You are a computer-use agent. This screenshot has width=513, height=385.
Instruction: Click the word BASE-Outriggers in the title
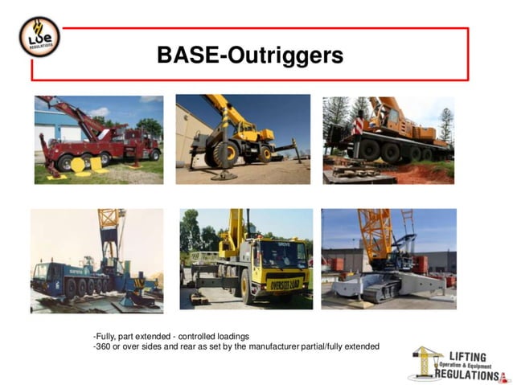click(x=249, y=55)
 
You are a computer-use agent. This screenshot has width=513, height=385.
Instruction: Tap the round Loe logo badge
click(x=39, y=37)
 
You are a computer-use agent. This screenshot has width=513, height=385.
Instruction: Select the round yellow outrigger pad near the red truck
click(x=78, y=165)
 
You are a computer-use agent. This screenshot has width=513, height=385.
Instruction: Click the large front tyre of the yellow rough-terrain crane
click(x=225, y=154)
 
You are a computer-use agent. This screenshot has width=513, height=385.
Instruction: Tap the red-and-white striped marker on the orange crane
click(x=357, y=126)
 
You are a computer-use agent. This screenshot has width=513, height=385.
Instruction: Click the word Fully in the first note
click(x=106, y=336)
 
